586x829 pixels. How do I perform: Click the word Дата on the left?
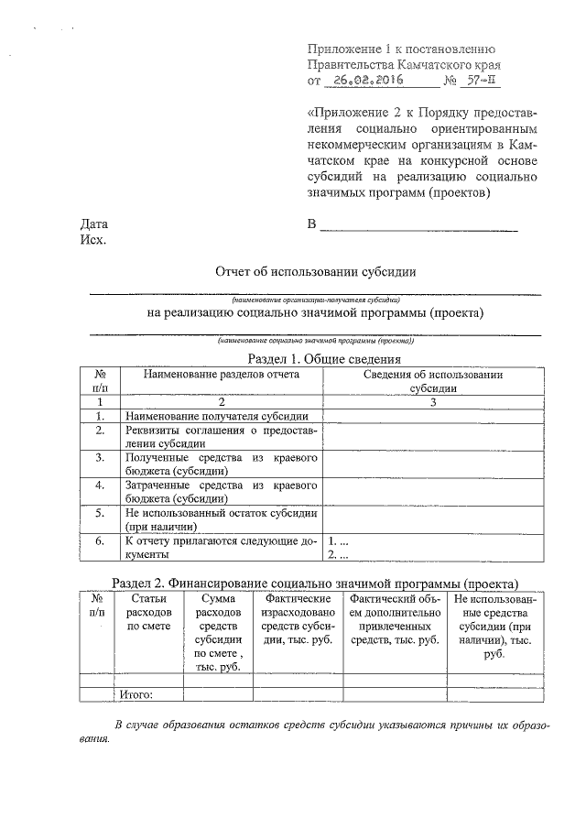point(94,224)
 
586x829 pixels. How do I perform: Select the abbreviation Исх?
point(93,241)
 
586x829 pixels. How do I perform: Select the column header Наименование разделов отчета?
point(221,374)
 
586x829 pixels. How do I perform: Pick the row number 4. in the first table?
point(98,485)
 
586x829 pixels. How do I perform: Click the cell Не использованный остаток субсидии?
point(221,519)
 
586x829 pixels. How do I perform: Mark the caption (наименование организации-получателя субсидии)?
point(314,299)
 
